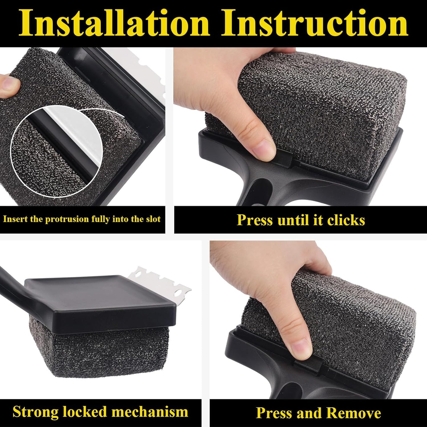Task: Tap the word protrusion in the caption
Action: point(67,219)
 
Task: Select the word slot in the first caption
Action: point(153,219)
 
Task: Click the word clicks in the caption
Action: point(346,220)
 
